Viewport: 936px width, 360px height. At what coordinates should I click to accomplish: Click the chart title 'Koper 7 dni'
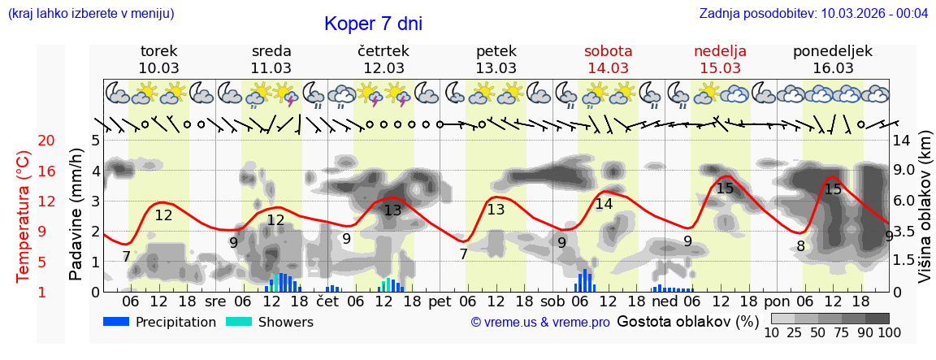(x=373, y=24)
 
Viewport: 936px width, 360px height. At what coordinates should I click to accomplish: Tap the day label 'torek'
(x=159, y=51)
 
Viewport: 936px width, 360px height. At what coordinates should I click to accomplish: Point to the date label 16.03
(x=833, y=68)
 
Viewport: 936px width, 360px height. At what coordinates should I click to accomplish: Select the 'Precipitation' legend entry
(x=175, y=322)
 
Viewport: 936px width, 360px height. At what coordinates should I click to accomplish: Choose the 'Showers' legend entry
(x=285, y=322)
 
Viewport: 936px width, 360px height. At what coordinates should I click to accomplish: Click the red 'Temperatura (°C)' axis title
(x=24, y=217)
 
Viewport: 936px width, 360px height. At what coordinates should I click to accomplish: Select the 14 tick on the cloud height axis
(x=901, y=141)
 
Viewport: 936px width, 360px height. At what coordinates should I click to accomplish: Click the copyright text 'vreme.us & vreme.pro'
(x=540, y=323)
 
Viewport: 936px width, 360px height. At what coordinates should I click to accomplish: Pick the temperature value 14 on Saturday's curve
(x=604, y=205)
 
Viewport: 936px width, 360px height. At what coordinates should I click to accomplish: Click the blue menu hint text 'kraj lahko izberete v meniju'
(x=90, y=14)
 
